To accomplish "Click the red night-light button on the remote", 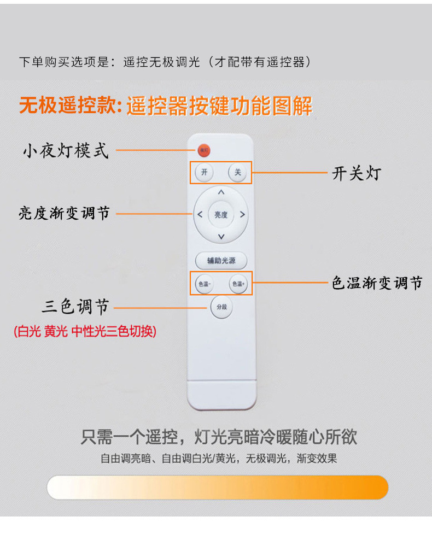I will pyautogui.click(x=204, y=150).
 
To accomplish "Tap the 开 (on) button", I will pyautogui.click(x=204, y=173).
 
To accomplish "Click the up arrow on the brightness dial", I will pyautogui.click(x=221, y=192).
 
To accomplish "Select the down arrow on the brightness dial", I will pyautogui.click(x=221, y=237).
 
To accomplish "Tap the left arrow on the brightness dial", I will pyautogui.click(x=200, y=215).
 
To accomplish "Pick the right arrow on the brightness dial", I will pyautogui.click(x=242, y=215).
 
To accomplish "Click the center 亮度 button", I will pyautogui.click(x=221, y=215).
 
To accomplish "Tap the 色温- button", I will pyautogui.click(x=204, y=284).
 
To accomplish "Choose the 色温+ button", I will pyautogui.click(x=238, y=284).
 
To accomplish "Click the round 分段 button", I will pyautogui.click(x=221, y=307).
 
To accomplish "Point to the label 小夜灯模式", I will pyautogui.click(x=65, y=150).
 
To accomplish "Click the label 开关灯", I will pyautogui.click(x=356, y=174).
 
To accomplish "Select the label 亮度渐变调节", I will pyautogui.click(x=64, y=213).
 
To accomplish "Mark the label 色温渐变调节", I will pyautogui.click(x=377, y=283).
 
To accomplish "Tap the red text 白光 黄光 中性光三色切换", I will pyautogui.click(x=85, y=331).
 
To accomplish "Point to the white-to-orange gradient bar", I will pyautogui.click(x=217, y=487).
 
